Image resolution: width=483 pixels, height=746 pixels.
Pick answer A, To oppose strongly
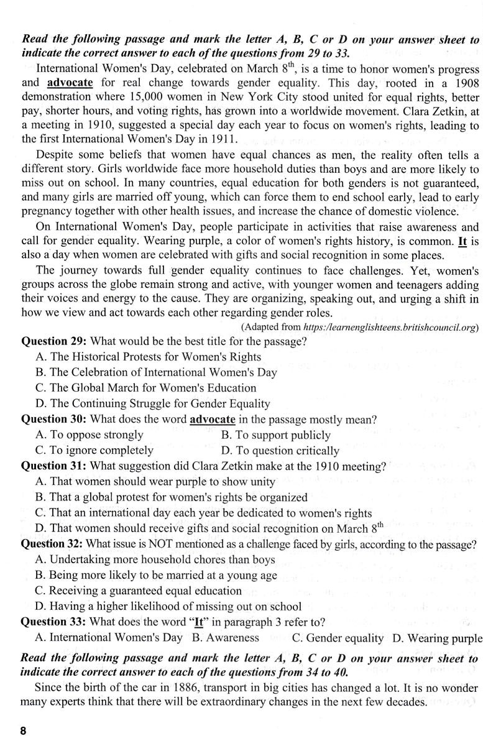90,435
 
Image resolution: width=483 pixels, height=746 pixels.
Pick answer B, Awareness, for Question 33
225,637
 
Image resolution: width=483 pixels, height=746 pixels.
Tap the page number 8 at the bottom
23,732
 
